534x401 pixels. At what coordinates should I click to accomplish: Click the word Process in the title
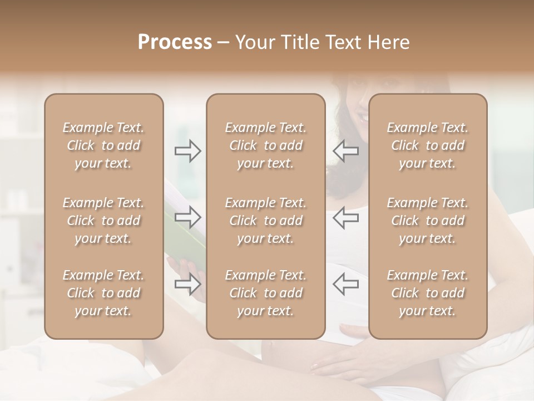pos(175,42)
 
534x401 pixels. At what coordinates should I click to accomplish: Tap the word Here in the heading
pos(388,42)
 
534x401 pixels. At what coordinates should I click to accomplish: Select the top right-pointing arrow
pos(188,151)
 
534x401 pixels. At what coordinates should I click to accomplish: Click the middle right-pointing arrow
pos(188,217)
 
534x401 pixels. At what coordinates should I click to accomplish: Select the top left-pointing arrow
pos(345,151)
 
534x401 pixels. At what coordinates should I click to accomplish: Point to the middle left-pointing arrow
pos(345,217)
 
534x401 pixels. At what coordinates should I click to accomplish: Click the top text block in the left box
pos(103,145)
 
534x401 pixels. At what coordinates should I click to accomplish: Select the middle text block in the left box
pos(103,221)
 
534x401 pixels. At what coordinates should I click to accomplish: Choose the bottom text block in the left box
pos(103,293)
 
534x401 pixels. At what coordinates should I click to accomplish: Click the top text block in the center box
pos(265,145)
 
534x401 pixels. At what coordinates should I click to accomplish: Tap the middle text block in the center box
pos(265,221)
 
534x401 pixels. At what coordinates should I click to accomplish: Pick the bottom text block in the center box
pos(265,293)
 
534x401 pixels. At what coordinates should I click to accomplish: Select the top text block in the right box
pos(427,145)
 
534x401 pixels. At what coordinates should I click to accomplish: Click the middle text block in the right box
pos(427,221)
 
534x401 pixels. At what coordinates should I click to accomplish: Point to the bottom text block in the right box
pos(427,293)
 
